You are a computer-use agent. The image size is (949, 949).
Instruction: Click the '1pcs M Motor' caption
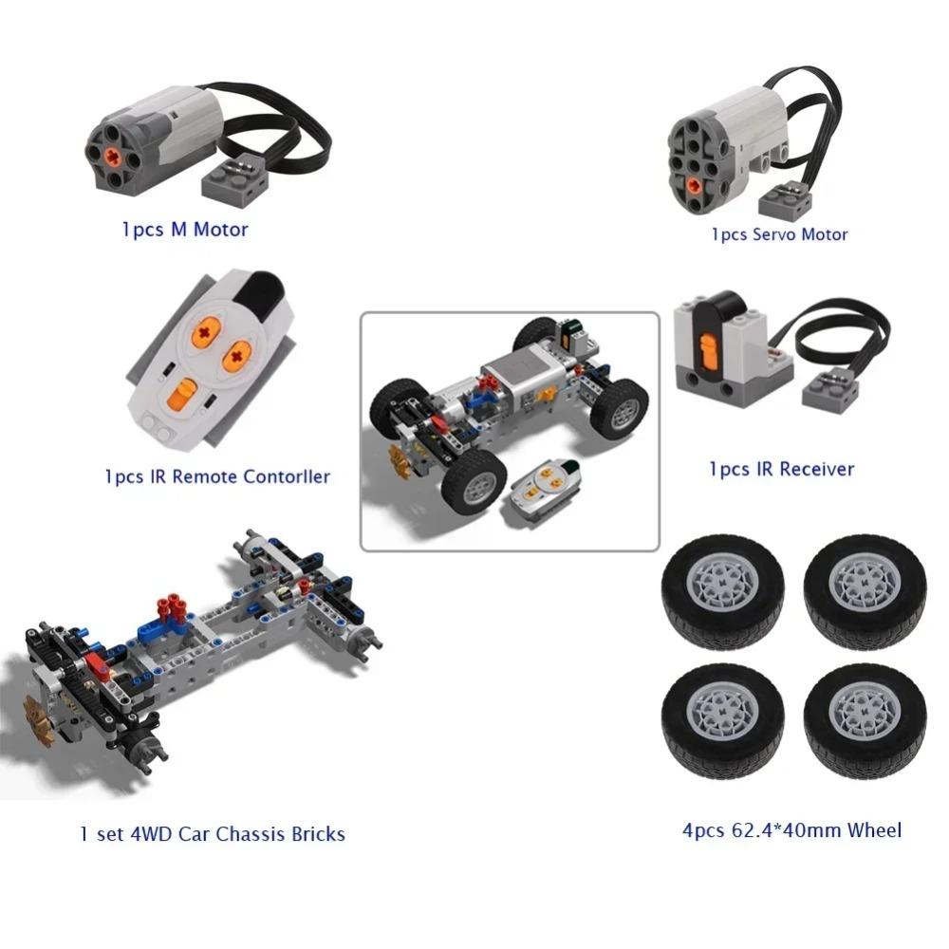point(185,230)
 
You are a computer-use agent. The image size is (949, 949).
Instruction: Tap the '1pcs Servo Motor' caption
point(779,234)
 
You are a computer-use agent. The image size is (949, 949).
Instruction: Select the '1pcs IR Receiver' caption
point(781,469)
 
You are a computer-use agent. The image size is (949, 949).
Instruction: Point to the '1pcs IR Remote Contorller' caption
point(217,476)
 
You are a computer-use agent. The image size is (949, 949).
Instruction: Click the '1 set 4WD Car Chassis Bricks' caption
point(213,835)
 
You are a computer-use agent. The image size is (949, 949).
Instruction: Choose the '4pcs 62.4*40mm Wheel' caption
point(791,831)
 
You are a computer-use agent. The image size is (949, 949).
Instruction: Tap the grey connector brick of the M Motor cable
point(231,176)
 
